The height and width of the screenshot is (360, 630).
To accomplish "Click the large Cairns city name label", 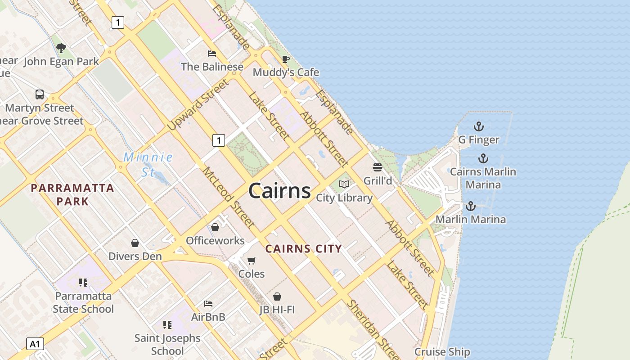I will pos(279,191).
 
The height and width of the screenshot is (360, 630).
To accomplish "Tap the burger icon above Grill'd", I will pos(378,167).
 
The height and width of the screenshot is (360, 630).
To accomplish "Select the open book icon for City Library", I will pos(344,184).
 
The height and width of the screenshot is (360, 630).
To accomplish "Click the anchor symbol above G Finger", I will pos(479,126).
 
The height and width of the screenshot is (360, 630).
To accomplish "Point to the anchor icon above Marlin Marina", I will pos(470,206).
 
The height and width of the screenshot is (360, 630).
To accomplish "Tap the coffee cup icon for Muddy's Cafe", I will pos(285,59).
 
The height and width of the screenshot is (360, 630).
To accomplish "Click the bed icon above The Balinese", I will pos(212,54).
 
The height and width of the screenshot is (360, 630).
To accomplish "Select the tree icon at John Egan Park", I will pos(61,48).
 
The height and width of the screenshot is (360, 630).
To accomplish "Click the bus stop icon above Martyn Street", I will pos(40,94).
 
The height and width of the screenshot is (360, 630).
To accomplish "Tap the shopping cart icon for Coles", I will pos(252,261).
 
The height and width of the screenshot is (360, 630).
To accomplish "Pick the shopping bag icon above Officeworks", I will pos(215,227).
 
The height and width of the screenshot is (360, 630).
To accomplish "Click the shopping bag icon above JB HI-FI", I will pos(277,297).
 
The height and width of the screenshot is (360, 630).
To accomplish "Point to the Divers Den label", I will pos(135,256).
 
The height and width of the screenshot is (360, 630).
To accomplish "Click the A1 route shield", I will pos(35,344).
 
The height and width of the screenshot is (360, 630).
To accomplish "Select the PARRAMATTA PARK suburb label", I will pos(72,194).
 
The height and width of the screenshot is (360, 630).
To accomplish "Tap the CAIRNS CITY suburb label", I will pos(304,248).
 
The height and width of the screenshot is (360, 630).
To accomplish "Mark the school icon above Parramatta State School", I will pos(83,283).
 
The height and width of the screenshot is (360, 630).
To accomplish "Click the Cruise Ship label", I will pos(442,352).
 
